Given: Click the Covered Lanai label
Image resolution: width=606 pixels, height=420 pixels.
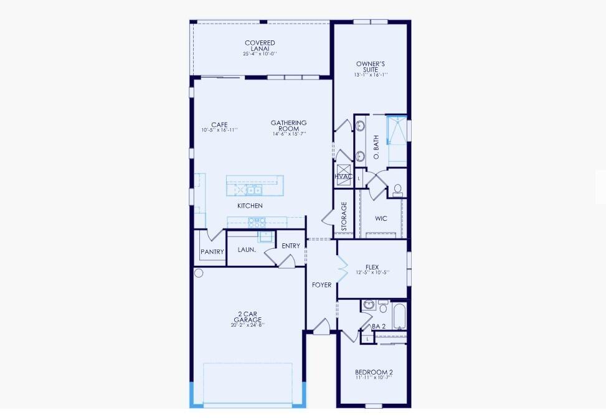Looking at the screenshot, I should tap(260, 46).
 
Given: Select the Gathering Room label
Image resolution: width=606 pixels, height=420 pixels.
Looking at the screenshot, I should tap(289, 126).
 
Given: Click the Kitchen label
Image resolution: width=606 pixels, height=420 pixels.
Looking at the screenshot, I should tap(250, 206).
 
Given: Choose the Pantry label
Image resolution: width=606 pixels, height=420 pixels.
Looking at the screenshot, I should tap(212, 252).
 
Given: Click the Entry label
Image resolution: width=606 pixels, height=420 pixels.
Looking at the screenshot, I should tap(291, 246).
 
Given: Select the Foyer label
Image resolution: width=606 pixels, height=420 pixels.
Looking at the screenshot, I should tap(322, 285).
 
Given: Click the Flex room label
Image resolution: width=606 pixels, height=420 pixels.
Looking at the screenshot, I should tap(372, 268).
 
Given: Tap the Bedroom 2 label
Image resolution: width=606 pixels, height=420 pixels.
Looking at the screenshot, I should tap(373, 373).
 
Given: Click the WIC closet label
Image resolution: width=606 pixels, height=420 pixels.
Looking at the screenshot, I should tap(381, 218).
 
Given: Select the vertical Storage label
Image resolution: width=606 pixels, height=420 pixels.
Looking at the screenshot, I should tap(344, 217).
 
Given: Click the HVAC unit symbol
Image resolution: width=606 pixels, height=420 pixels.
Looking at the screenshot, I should tap(343, 172).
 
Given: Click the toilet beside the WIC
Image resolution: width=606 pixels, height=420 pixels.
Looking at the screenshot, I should tap(398, 190).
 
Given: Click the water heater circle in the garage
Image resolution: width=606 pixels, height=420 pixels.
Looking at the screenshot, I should tap(199, 273).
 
